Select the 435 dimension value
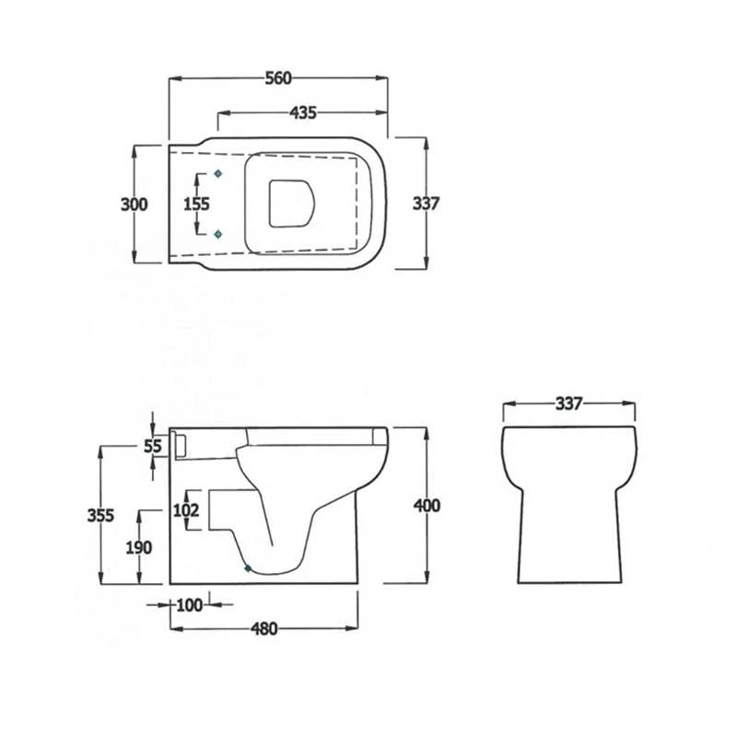303,113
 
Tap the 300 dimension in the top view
135,205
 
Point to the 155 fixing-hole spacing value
196,205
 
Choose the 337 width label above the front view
570,404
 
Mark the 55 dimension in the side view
154,447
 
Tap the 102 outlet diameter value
186,509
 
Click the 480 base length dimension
263,629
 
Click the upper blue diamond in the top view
217,173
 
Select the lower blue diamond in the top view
217,235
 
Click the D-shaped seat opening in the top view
288,202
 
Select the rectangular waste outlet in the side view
224,509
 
